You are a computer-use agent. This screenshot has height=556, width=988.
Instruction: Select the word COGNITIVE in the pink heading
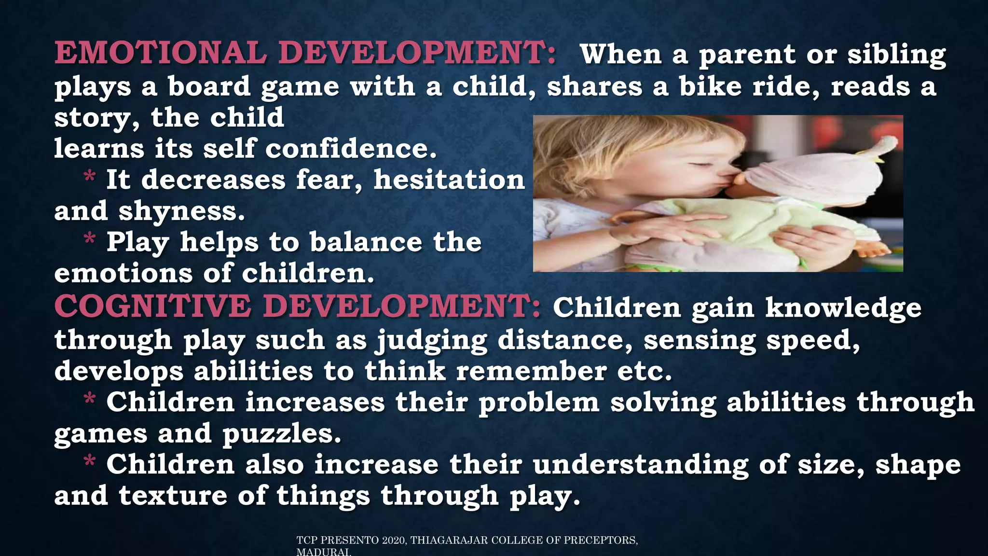click(152, 306)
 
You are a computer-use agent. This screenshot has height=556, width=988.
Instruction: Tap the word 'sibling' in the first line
click(897, 55)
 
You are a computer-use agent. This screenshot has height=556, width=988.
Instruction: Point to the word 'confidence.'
click(351, 148)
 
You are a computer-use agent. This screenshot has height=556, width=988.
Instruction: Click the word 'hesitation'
click(449, 180)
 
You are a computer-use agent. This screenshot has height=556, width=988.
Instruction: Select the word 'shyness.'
click(182, 211)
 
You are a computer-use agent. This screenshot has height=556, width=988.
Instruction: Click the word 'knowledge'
click(843, 308)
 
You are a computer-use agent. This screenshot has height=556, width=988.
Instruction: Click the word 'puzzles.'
click(282, 434)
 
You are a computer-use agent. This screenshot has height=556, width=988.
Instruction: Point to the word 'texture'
click(173, 496)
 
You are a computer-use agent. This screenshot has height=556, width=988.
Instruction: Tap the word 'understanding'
click(640, 465)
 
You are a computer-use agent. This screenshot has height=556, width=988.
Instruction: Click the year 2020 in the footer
click(394, 541)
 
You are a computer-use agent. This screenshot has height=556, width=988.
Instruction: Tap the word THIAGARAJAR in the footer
click(449, 541)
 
